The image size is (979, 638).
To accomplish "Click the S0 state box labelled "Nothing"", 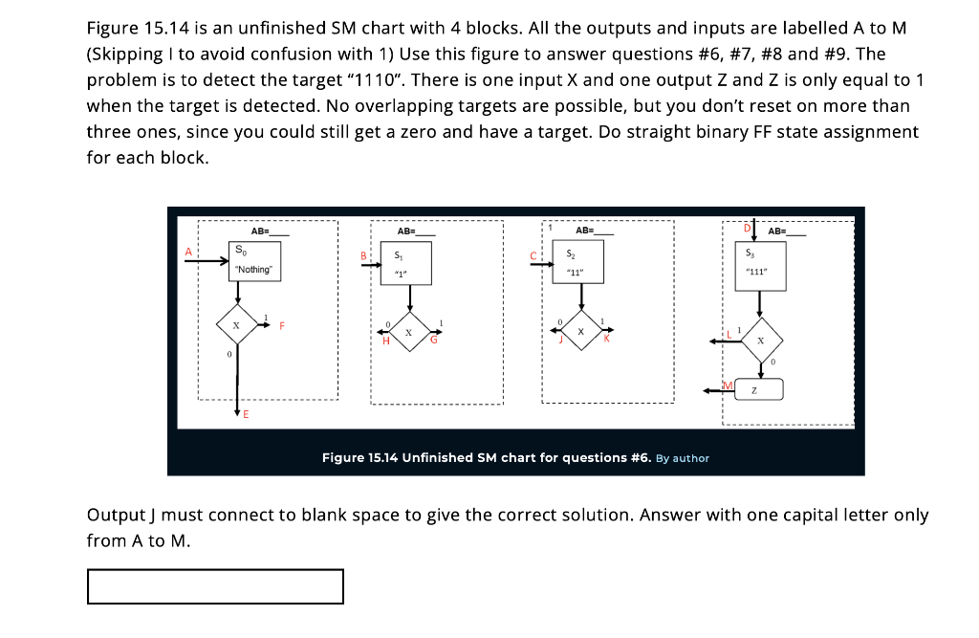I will (253, 261).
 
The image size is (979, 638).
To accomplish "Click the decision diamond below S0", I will (235, 326).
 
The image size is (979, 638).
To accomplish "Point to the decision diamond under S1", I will (409, 332).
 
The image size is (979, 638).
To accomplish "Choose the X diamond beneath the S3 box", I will (760, 340).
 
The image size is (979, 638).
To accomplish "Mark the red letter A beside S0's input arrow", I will (188, 251).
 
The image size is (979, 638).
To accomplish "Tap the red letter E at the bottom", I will (246, 414).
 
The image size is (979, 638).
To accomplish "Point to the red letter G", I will (433, 341).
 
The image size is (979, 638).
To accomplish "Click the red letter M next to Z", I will (728, 385).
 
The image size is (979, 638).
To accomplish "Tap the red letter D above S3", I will (748, 228).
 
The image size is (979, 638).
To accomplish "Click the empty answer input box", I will (215, 586).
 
